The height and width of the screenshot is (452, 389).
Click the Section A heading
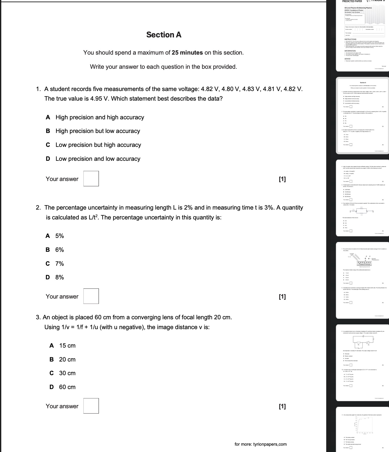(x=164, y=35)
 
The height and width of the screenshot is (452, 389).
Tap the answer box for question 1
(x=91, y=179)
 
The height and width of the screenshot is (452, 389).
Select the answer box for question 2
(x=91, y=296)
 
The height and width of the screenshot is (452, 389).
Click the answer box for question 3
(x=91, y=406)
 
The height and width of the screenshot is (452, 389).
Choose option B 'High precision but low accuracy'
(x=97, y=131)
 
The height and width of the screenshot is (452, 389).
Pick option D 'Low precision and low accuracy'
(x=98, y=159)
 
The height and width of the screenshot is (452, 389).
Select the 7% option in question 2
(x=59, y=264)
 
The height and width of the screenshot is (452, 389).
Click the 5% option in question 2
(x=59, y=236)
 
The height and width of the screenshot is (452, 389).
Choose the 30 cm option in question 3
(x=67, y=373)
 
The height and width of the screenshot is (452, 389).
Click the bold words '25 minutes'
(x=187, y=53)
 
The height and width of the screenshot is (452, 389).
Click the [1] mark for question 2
(x=282, y=297)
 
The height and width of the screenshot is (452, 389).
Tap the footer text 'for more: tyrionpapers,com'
(x=261, y=444)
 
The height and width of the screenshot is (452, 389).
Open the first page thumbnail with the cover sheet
(x=362, y=35)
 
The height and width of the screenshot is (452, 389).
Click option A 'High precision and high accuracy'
(x=100, y=117)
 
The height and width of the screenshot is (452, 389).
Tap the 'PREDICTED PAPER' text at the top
(x=352, y=1)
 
